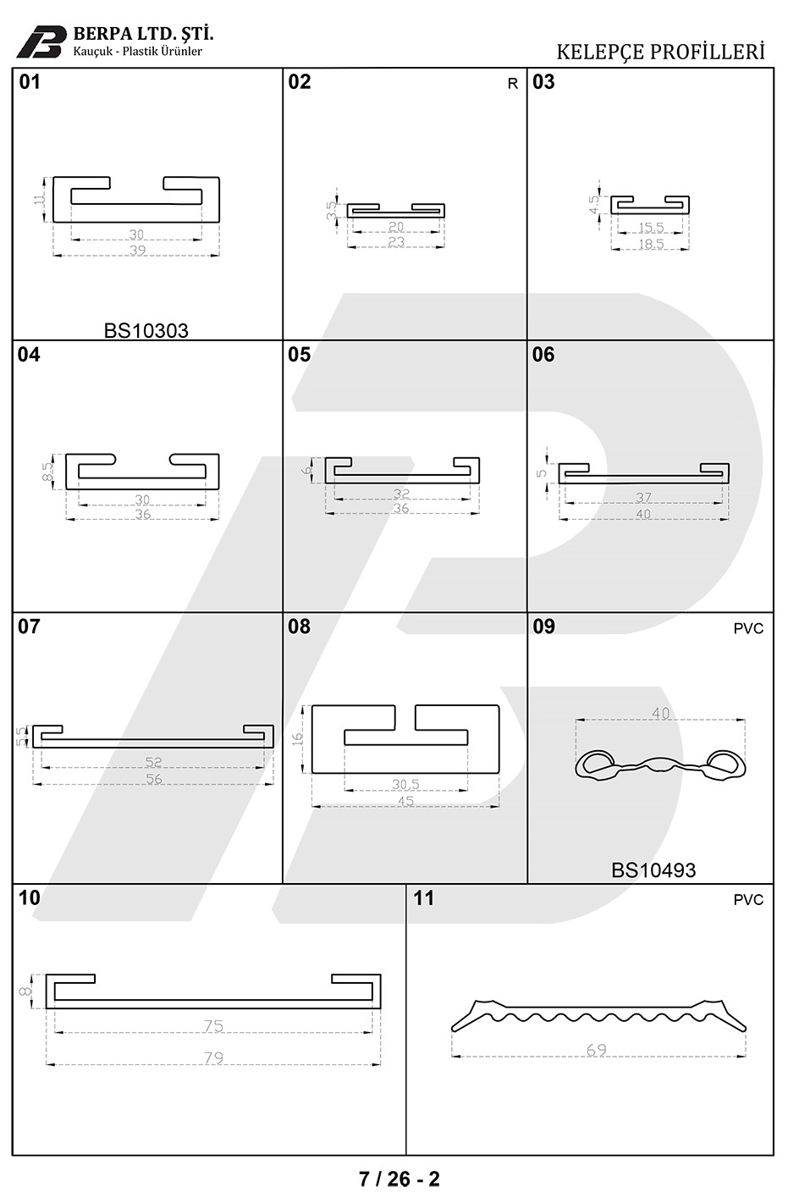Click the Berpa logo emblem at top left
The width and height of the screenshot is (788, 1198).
point(41,41)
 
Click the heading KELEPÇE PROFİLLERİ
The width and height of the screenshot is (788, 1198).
point(661,52)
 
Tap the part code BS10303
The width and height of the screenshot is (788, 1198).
point(146,330)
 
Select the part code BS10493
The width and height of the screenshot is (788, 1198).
point(653,870)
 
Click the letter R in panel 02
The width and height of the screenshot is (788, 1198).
point(513,84)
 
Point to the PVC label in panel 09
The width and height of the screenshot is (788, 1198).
point(748,628)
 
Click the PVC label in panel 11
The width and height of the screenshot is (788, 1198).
point(748,900)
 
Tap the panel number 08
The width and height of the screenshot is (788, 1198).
point(299,627)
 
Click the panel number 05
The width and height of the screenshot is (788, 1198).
point(299,355)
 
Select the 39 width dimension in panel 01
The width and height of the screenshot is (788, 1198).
point(137,251)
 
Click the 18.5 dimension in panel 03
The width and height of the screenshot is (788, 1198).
point(651,244)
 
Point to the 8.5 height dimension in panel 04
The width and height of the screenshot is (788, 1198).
point(47,472)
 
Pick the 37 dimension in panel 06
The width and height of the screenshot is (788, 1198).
point(643,497)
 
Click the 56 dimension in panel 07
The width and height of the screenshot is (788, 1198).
point(154,779)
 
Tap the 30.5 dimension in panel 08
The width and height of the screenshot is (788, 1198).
point(405,785)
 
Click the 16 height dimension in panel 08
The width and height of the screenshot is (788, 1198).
point(297,739)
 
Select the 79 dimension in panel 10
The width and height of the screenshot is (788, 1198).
point(213,1057)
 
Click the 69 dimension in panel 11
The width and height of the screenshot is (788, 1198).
point(597,1050)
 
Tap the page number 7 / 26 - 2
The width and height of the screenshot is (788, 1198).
point(400,1179)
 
